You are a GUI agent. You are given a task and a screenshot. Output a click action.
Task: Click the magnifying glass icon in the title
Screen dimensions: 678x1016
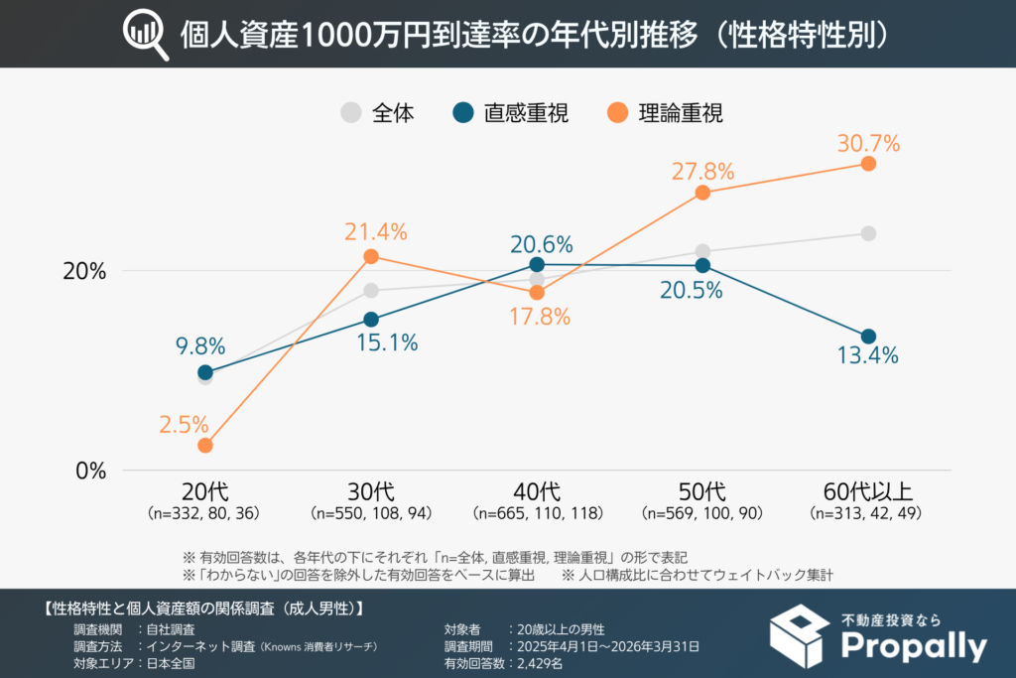point(145,35)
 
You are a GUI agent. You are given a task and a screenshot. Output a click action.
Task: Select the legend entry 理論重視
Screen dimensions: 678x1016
point(681,113)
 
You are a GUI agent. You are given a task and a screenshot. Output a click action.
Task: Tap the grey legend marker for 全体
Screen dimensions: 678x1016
point(351,113)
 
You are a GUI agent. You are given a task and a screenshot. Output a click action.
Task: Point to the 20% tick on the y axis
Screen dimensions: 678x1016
point(84,271)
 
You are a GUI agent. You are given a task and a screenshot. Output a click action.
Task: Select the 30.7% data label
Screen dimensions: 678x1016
point(867,143)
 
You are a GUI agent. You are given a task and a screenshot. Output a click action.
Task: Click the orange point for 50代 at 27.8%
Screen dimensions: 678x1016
point(702,193)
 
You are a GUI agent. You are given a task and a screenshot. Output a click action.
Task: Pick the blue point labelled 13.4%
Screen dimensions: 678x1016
point(868,337)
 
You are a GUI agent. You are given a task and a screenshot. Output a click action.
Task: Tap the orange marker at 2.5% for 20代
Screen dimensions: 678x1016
point(205,446)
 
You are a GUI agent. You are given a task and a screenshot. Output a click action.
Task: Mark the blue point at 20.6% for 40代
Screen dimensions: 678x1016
point(537,264)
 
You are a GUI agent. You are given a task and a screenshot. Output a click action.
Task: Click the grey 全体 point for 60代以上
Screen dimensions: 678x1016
point(868,233)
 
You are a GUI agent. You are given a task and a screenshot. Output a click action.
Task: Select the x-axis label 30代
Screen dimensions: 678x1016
point(370,492)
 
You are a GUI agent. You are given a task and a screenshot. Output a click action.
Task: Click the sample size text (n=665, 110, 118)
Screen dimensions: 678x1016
point(537,514)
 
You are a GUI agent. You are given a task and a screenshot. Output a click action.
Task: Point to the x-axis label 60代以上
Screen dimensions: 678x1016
point(867,492)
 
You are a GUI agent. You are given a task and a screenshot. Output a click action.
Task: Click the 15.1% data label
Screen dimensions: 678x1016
point(386,343)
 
